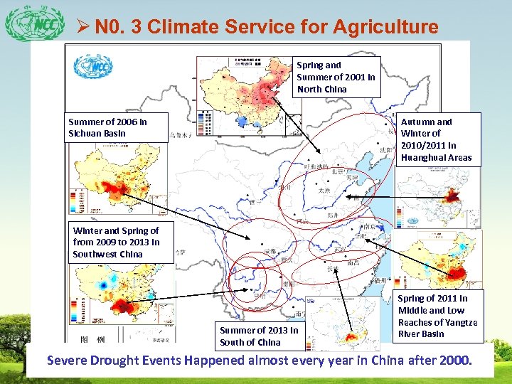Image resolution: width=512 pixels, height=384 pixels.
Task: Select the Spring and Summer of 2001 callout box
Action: point(336,77)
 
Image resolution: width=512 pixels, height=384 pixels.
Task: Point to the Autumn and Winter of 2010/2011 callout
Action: point(436,139)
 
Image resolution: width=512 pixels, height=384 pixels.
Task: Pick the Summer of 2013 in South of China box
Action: point(259,336)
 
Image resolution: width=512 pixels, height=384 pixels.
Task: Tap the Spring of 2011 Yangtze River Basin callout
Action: point(437,316)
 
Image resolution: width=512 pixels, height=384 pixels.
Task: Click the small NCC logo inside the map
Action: point(90,67)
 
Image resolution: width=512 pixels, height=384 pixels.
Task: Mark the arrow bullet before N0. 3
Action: point(81,28)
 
